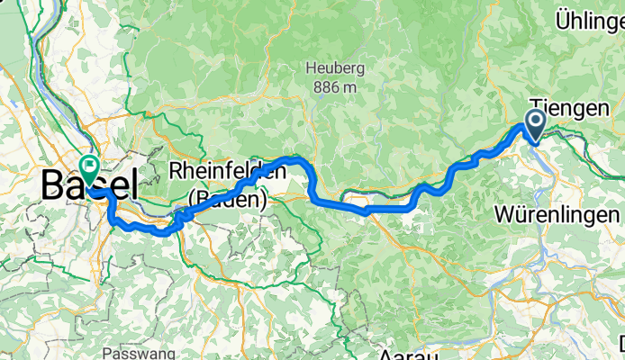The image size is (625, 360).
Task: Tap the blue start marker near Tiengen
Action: click(535, 124)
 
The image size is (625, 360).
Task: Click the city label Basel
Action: click(90, 185)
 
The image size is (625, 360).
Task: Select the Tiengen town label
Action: click(569, 108)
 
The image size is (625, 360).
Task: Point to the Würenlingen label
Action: click(557, 215)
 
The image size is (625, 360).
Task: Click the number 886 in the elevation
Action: click(324, 87)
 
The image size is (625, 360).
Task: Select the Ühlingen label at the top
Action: click(590, 20)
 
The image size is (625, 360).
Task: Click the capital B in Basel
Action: click(52, 185)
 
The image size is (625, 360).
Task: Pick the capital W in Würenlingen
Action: click(504, 215)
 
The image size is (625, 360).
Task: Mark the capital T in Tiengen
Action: click(536, 108)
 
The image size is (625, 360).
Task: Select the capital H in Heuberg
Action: click(311, 68)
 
